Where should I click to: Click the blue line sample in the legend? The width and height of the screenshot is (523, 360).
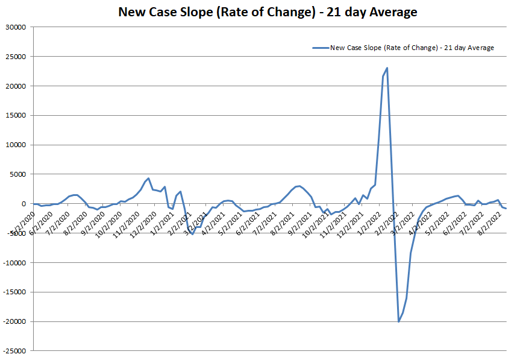pyautogui.click(x=320, y=48)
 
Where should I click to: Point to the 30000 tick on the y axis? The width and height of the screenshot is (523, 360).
pyautogui.click(x=16, y=27)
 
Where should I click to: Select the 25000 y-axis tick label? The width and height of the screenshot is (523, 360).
pyautogui.click(x=16, y=57)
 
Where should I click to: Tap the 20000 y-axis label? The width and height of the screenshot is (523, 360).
pyautogui.click(x=16, y=86)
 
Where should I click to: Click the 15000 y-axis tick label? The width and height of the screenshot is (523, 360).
pyautogui.click(x=16, y=115)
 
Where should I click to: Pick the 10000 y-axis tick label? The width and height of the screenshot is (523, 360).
pyautogui.click(x=16, y=145)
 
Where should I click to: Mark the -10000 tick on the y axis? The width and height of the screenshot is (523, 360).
pyautogui.click(x=15, y=262)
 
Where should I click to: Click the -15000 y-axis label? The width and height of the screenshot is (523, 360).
pyautogui.click(x=15, y=292)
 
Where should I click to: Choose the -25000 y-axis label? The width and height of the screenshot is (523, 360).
pyautogui.click(x=15, y=351)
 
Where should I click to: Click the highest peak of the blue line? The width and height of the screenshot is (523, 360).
pyautogui.click(x=387, y=68)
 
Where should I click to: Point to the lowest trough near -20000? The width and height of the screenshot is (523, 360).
pyautogui.click(x=399, y=321)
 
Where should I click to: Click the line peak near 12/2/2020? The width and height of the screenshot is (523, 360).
pyautogui.click(x=148, y=178)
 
